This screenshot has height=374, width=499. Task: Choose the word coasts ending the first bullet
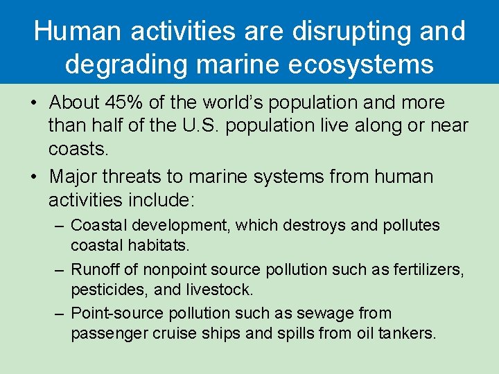point(77,150)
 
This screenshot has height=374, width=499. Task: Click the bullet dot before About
point(34,103)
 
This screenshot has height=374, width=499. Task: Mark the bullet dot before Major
point(34,177)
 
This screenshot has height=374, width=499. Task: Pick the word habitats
point(162,245)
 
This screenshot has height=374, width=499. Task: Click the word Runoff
point(93,269)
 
